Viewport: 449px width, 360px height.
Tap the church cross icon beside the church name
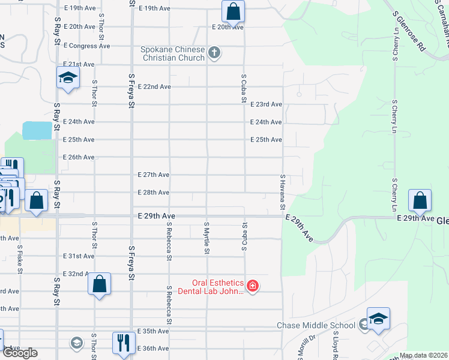click(214, 53)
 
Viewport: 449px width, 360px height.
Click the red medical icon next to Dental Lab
click(253, 286)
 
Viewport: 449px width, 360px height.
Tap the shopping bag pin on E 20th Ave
click(233, 11)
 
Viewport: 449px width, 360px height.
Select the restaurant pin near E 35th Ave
click(124, 343)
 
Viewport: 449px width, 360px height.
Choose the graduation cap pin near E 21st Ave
click(68, 78)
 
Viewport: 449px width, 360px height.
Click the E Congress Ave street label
click(87, 46)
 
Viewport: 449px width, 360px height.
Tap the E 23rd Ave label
click(266, 104)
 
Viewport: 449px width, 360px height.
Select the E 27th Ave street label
click(153, 175)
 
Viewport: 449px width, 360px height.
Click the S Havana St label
click(282, 192)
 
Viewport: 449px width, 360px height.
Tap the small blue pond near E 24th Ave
click(37, 130)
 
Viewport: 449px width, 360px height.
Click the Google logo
click(20, 353)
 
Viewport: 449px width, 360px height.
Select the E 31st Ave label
click(79, 256)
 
